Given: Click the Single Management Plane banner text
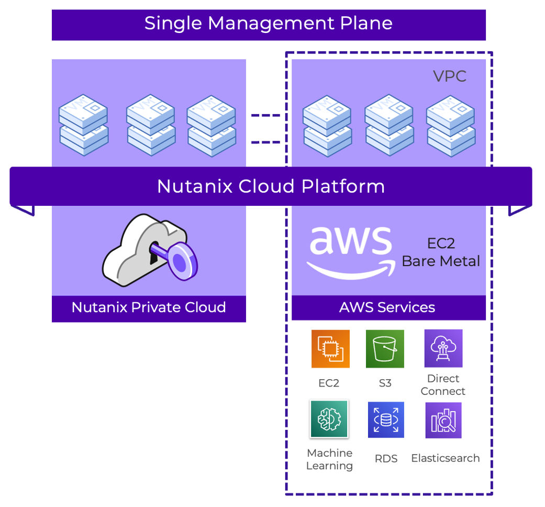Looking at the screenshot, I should coord(268,24).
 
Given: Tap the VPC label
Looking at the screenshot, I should coord(449,76).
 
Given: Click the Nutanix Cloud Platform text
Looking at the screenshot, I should coord(271,186).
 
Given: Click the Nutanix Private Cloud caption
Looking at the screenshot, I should coord(149,307).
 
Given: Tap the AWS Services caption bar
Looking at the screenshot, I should coord(387,307).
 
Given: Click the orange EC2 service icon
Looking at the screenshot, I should coord(330,349).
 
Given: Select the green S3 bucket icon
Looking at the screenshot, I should coord(385,349).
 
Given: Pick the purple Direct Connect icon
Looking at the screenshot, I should coord(443,348).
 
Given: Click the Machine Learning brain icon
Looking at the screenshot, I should coord(329,419).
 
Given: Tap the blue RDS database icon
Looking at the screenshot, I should coord(386,420).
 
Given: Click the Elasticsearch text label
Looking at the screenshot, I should coord(445,458).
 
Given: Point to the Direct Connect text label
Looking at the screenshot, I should coord(443,385).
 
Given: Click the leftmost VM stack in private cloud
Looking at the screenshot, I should coord(83,125).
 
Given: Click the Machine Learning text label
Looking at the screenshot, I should coord(329,459).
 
